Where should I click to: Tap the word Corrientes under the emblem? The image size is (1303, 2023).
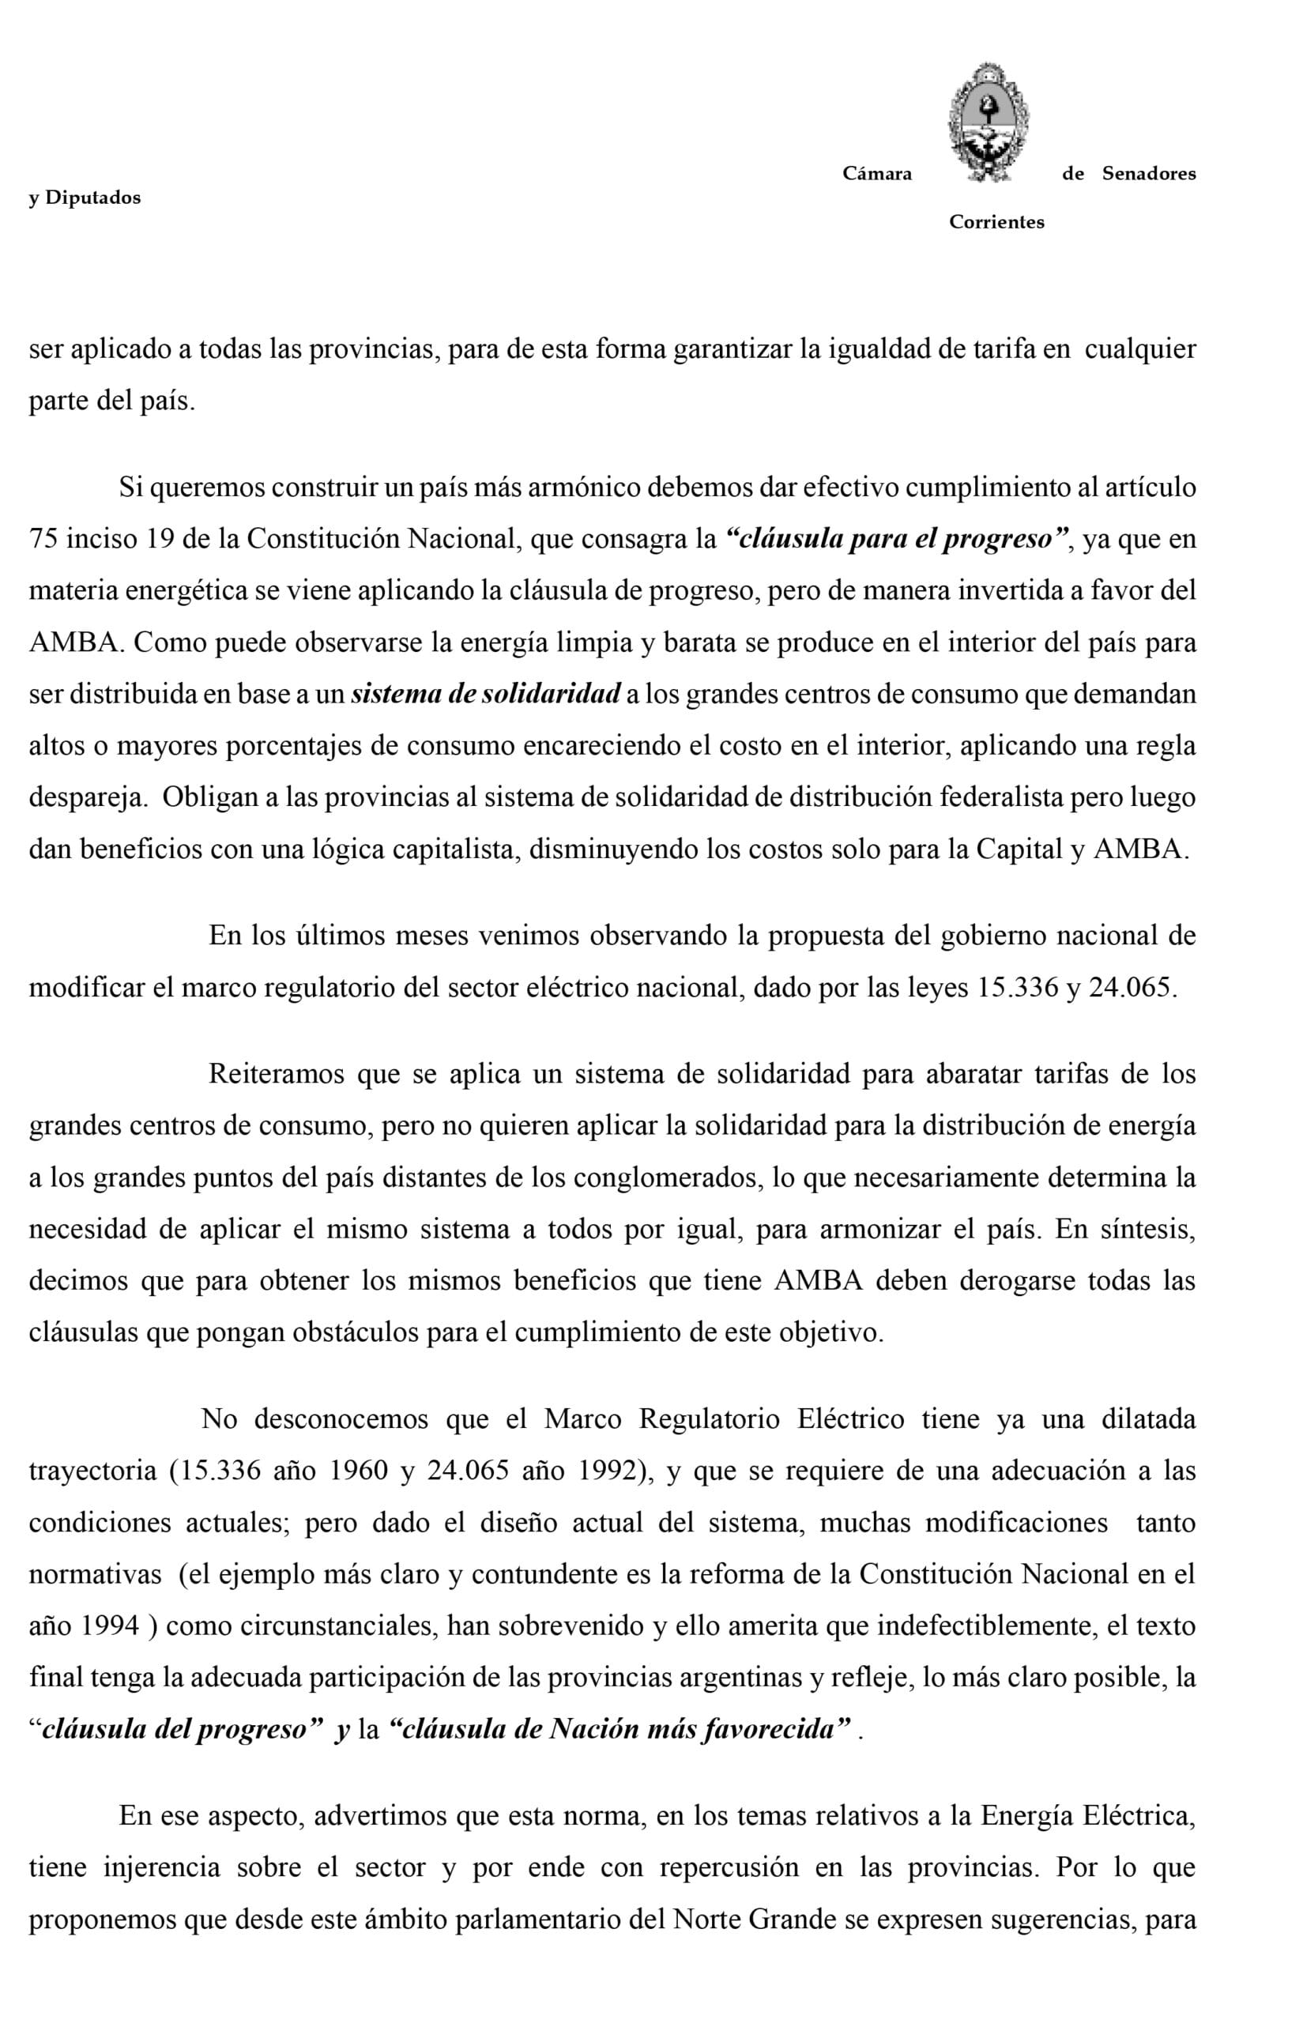996,223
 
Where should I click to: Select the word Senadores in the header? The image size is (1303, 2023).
1148,175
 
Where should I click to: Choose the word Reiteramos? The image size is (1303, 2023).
277,1074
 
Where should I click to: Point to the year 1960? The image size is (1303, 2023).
359,1471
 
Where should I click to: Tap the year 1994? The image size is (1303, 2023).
110,1626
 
